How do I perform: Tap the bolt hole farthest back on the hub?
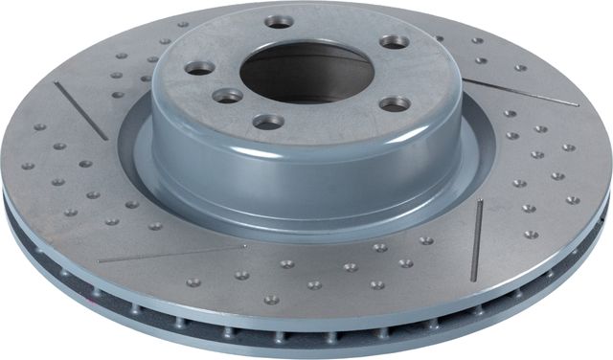(x=279, y=20)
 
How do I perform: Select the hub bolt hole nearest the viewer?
(x=268, y=122)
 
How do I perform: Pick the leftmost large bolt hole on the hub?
(x=199, y=67)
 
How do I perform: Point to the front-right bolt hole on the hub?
(x=394, y=103)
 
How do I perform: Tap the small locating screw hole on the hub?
(x=228, y=96)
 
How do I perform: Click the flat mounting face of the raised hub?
(x=326, y=115)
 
